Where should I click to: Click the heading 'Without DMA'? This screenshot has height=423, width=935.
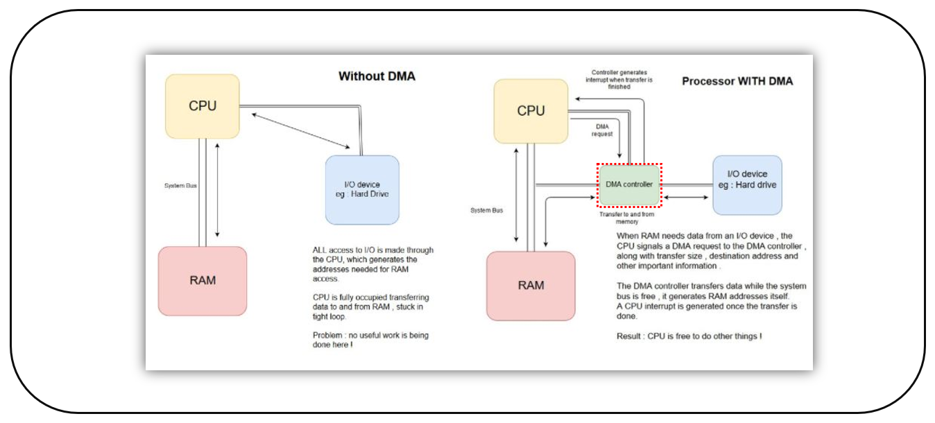pyautogui.click(x=377, y=76)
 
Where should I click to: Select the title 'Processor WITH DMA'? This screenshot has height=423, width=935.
pyautogui.click(x=737, y=81)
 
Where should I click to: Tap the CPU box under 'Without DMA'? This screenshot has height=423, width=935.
pyautogui.click(x=203, y=106)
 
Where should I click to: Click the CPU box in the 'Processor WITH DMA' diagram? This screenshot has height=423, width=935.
pyautogui.click(x=531, y=111)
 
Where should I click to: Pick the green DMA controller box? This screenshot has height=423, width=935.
pyautogui.click(x=629, y=184)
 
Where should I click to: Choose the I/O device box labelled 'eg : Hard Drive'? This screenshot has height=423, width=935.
pyautogui.click(x=362, y=189)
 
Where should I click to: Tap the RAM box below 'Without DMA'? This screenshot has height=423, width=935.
pyautogui.click(x=203, y=281)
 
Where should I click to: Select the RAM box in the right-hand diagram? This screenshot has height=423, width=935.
pyautogui.click(x=531, y=285)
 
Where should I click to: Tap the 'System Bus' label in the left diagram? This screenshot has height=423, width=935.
pyautogui.click(x=180, y=186)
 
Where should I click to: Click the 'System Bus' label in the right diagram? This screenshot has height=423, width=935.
pyautogui.click(x=486, y=210)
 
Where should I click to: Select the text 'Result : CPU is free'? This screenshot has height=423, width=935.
pyautogui.click(x=689, y=336)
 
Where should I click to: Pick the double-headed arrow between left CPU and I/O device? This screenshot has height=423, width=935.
pyautogui.click(x=300, y=131)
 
